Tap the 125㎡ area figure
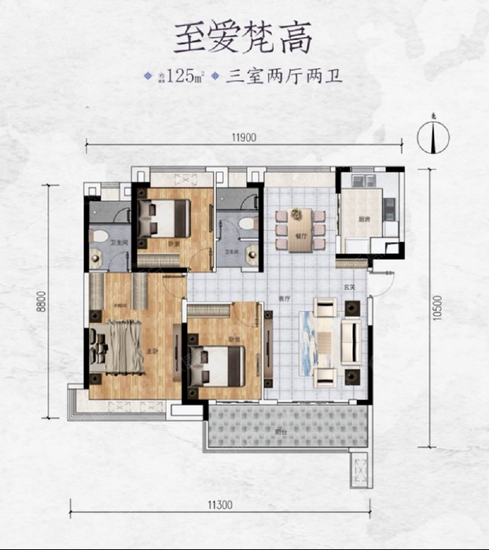(186, 77)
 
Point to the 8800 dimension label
(42, 302)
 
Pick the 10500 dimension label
(437, 306)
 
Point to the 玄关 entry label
(351, 288)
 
